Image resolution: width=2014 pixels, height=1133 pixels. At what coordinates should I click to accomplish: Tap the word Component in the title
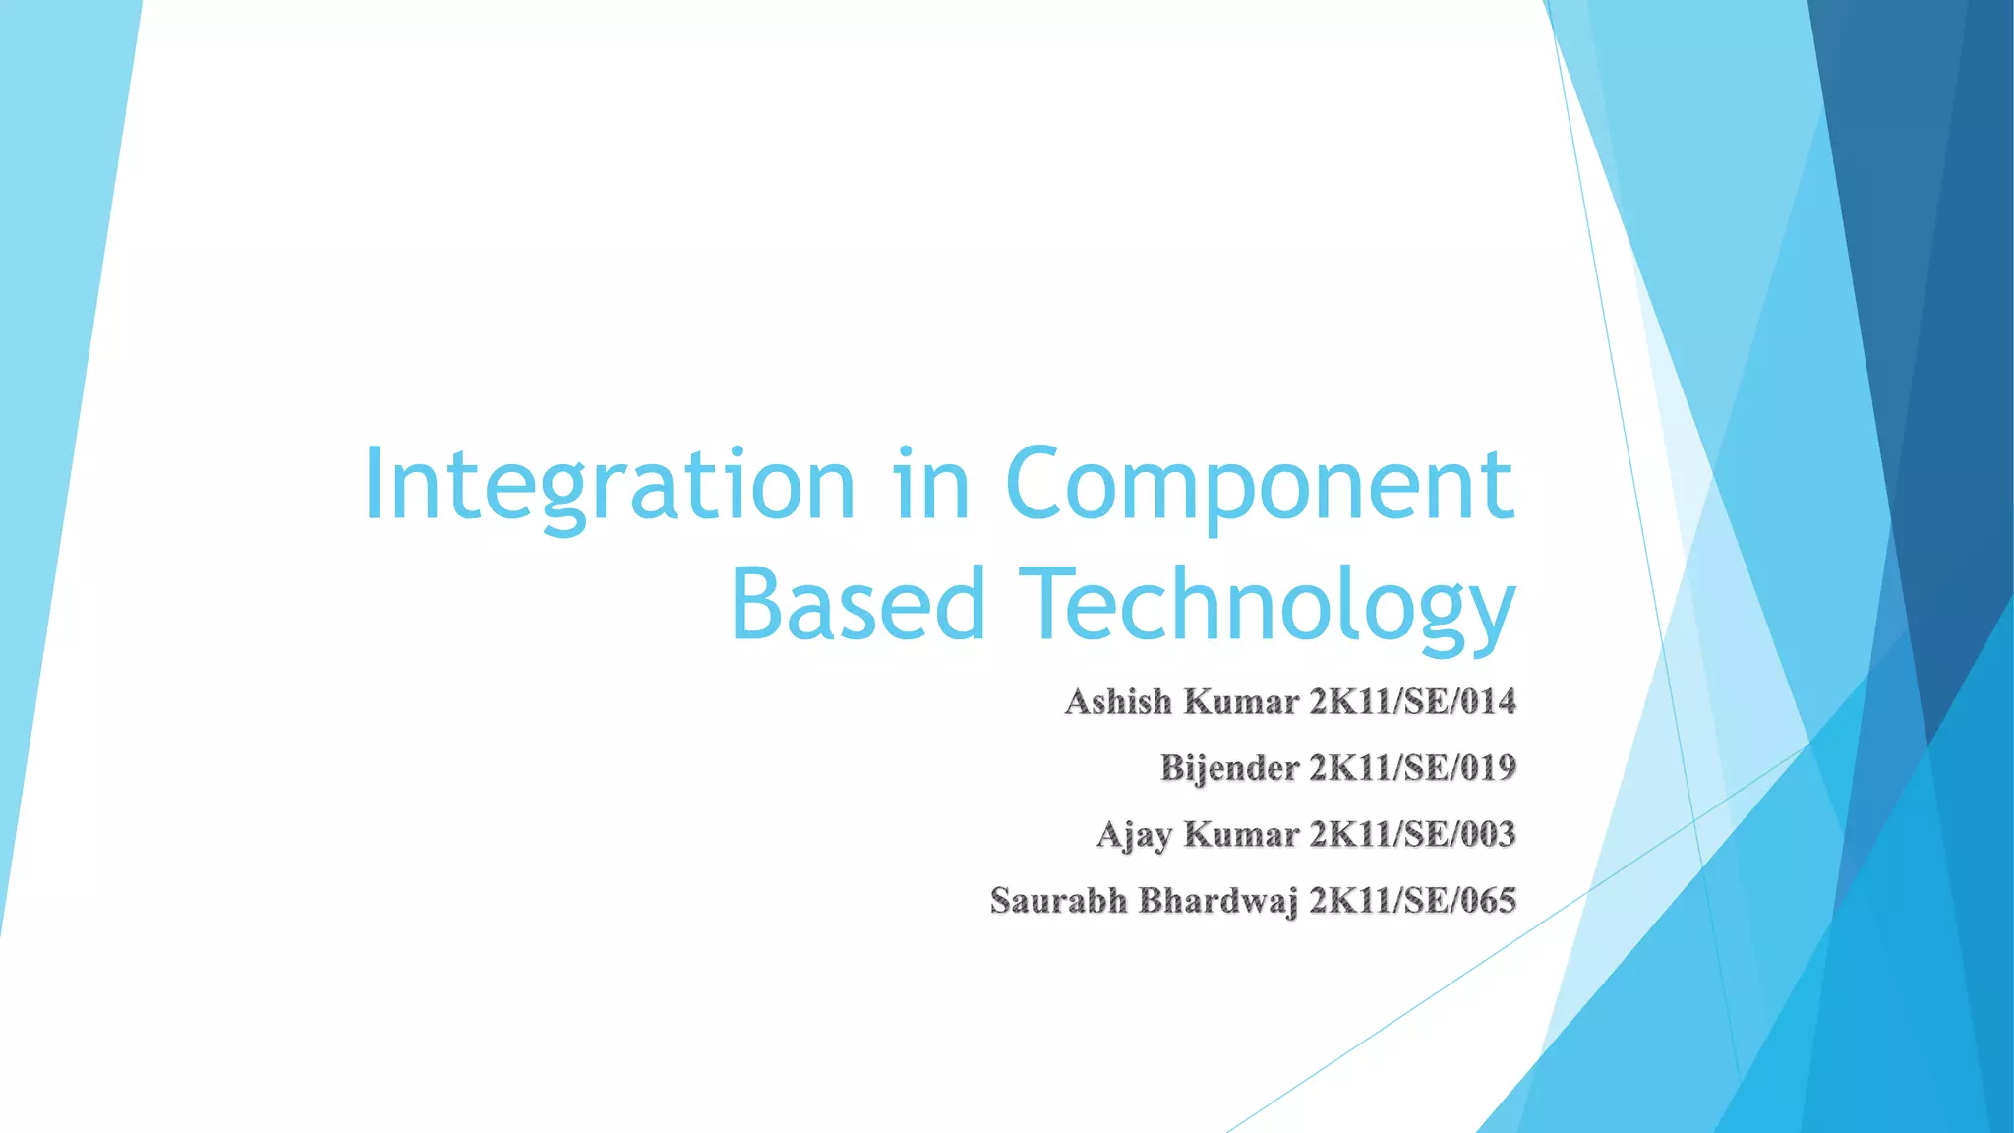coord(1260,485)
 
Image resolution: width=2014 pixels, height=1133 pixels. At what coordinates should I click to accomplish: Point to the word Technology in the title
coord(1269,604)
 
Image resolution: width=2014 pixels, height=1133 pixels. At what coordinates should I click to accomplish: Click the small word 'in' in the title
coord(932,485)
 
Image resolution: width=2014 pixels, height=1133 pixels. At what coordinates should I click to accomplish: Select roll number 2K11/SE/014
coord(1412,702)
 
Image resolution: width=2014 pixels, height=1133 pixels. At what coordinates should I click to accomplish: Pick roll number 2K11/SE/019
coord(1412,768)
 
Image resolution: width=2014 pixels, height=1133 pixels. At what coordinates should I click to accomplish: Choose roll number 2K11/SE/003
coord(1412,835)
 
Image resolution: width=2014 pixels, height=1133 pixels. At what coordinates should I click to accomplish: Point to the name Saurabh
coord(1058,901)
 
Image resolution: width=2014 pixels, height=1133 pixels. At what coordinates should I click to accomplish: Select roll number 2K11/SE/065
coord(1412,901)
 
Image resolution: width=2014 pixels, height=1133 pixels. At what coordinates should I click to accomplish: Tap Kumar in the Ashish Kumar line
coord(1241,702)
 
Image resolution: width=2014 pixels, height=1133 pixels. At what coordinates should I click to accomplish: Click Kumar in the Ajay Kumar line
coord(1241,835)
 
